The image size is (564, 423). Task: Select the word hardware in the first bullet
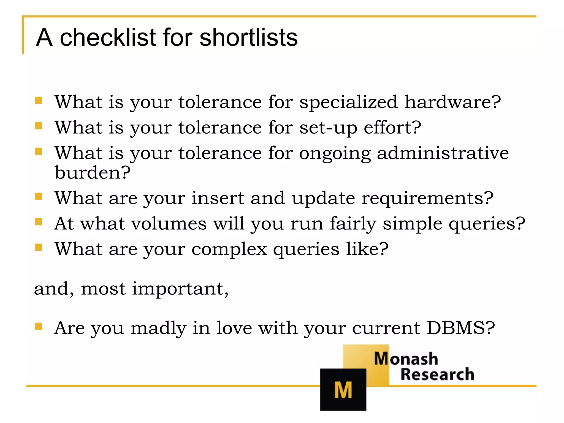pos(452,102)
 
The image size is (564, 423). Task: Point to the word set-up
pos(328,128)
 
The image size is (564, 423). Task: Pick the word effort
pos(392,128)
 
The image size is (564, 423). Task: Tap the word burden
pos(93,173)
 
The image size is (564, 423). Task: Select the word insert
pos(218,198)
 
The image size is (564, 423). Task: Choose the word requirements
pos(427,199)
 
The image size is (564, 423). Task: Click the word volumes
pos(169,223)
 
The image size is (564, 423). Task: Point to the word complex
pos(229,250)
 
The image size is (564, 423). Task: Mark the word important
pos(180,289)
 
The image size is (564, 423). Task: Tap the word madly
pos(158,329)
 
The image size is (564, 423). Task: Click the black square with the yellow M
pos(343,389)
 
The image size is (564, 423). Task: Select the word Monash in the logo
pos(406,359)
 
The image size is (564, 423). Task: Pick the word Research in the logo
pos(437,375)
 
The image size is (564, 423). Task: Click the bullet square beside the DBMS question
pos(38,326)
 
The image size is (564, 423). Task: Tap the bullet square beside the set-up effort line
pos(38,126)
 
